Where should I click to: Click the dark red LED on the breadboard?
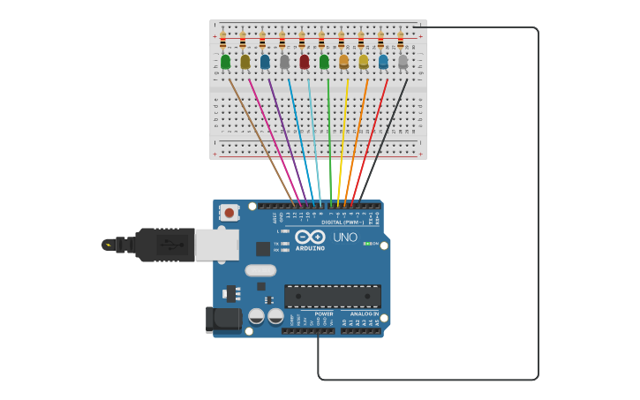pyautogui.click(x=305, y=62)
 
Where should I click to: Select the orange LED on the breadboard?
pyautogui.click(x=344, y=62)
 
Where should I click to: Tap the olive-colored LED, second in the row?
pyautogui.click(x=245, y=62)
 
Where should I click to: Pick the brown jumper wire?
pyautogui.click(x=260, y=141)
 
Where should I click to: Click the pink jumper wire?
pyautogui.click(x=275, y=141)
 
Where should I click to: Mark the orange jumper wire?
pyautogui.click(x=357, y=141)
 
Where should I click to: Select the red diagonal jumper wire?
pyautogui.click(x=370, y=141)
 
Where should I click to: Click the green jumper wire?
pyautogui.click(x=329, y=141)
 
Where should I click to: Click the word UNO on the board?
pyautogui.click(x=345, y=238)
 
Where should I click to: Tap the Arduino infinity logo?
pyautogui.click(x=310, y=237)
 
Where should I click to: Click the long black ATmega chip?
pyautogui.click(x=333, y=296)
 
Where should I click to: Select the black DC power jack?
pyautogui.click(x=222, y=320)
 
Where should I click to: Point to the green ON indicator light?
pyautogui.click(x=365, y=243)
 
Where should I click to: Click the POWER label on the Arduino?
pyautogui.click(x=324, y=313)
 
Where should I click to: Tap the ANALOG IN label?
pyautogui.click(x=364, y=313)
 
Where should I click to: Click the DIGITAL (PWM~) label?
pyautogui.click(x=343, y=223)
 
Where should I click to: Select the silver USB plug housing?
pyautogui.click(x=216, y=245)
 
